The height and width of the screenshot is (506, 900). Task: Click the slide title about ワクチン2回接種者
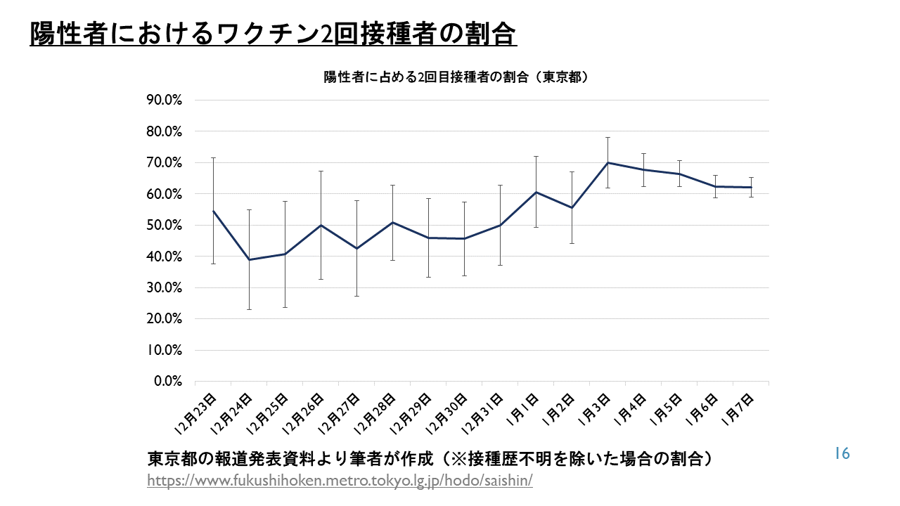click(273, 34)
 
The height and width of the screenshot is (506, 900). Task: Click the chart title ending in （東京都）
click(455, 78)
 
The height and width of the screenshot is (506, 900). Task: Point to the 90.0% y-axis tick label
click(164, 100)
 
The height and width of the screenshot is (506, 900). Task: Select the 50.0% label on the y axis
click(164, 226)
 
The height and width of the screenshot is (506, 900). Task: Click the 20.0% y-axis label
click(164, 319)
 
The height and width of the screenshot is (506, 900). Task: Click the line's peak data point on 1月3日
click(607, 162)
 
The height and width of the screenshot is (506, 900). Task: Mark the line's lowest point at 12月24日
click(249, 260)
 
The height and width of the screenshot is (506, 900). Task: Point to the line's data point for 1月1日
click(536, 192)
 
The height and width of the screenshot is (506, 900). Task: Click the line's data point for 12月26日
click(321, 225)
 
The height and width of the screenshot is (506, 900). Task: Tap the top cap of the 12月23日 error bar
click(213, 158)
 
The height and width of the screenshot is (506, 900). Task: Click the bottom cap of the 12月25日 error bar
click(285, 307)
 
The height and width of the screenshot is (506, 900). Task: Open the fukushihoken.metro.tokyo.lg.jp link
click(340, 481)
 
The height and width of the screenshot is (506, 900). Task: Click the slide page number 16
click(842, 453)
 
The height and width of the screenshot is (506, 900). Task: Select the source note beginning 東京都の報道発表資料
click(432, 459)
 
